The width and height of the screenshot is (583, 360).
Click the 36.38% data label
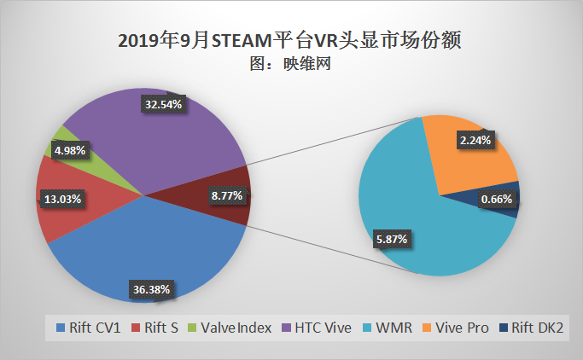[151, 289]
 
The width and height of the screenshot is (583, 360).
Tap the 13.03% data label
[62, 200]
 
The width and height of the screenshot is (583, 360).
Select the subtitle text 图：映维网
[290, 63]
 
